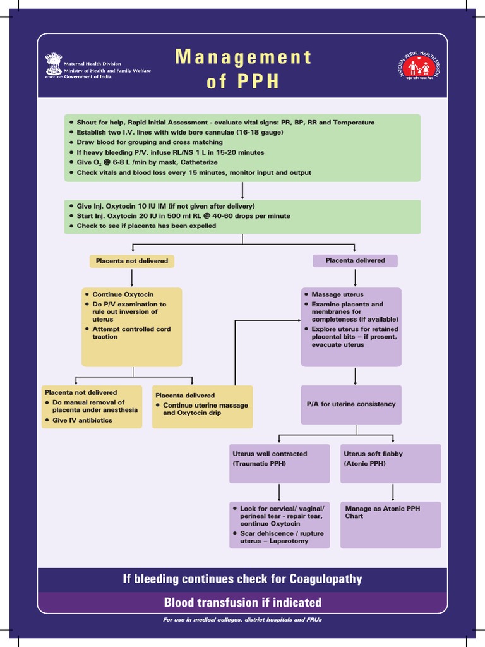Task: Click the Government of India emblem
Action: (x=54, y=66)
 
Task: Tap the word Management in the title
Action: (x=243, y=57)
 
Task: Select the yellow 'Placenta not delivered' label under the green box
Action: (x=132, y=261)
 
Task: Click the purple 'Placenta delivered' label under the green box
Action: (x=355, y=260)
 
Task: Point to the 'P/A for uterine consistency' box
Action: (x=351, y=404)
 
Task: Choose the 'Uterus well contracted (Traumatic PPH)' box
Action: (x=279, y=463)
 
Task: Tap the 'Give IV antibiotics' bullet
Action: (x=82, y=420)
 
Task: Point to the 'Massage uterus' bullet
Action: (x=337, y=294)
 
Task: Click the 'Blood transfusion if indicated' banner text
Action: (x=242, y=602)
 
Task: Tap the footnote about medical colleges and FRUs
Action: (x=242, y=620)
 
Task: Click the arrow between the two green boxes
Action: (x=242, y=191)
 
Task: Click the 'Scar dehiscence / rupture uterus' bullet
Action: (x=282, y=537)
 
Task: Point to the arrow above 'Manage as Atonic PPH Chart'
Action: (x=393, y=492)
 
